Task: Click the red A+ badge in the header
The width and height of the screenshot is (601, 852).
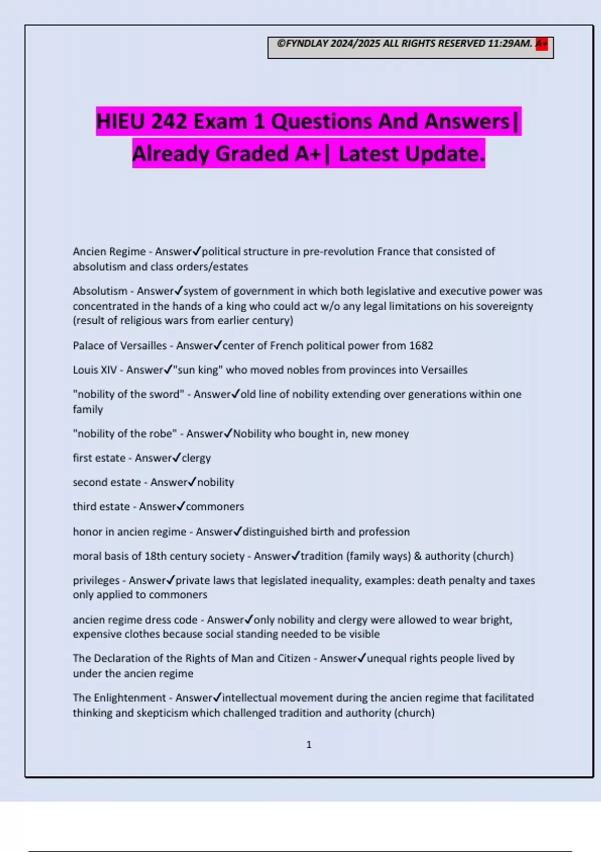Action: point(541,44)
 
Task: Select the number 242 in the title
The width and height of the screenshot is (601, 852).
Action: point(169,122)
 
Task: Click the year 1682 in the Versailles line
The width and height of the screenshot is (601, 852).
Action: point(421,346)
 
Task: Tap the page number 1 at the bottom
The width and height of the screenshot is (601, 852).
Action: point(309,745)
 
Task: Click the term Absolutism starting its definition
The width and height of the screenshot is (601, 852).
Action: point(100,291)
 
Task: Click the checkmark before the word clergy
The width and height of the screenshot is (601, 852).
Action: point(176,458)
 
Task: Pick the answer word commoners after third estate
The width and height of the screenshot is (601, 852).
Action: point(215,507)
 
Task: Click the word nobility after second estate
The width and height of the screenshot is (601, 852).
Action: point(216,482)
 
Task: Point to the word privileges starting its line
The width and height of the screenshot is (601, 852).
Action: point(96,580)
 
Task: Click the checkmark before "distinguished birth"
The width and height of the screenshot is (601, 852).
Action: point(238,531)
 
